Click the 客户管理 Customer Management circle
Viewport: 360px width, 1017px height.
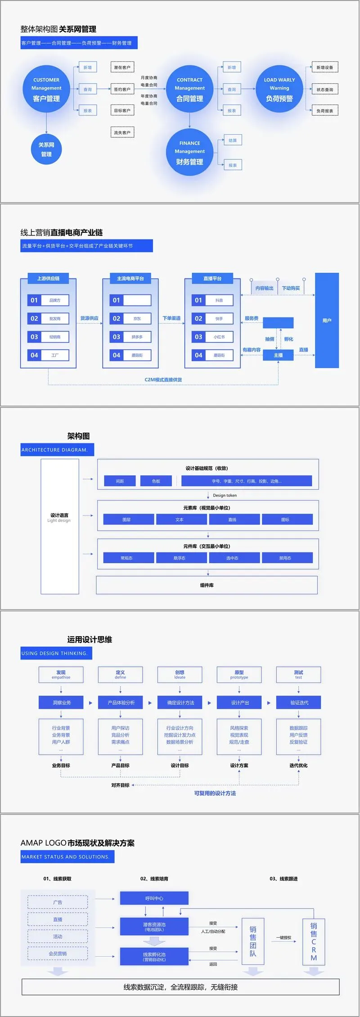(46, 90)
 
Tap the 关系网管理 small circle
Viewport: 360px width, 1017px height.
(46, 149)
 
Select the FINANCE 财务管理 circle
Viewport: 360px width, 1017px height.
(189, 153)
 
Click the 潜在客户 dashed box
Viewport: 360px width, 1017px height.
(122, 68)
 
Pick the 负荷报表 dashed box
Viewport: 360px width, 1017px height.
(324, 111)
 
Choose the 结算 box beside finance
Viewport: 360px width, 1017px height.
(232, 140)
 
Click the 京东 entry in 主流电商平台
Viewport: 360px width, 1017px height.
(137, 319)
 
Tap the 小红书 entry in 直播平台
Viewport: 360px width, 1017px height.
(219, 337)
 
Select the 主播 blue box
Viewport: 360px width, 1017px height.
(278, 355)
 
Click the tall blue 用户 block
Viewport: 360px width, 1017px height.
(327, 321)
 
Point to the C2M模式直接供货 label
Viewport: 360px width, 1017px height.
(163, 380)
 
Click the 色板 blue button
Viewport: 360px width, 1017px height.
(156, 481)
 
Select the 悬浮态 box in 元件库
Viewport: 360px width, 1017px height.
(179, 558)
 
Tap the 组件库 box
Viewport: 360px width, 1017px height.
(207, 585)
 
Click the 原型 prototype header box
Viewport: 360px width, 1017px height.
(239, 674)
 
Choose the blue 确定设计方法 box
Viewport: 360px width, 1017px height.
(180, 703)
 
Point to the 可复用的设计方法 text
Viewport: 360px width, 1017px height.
(215, 793)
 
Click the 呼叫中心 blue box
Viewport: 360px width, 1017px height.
(154, 898)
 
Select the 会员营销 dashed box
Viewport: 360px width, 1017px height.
(58, 954)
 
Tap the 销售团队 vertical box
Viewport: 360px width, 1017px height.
(252, 941)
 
